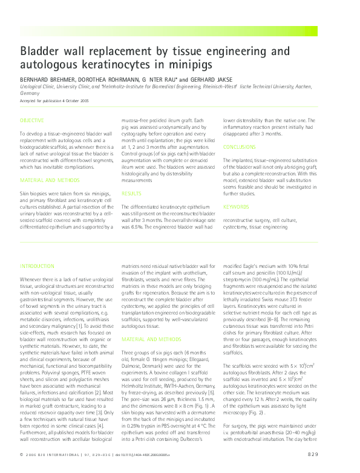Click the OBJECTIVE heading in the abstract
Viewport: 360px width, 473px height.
(31, 120)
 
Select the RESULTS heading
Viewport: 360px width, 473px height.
(132, 194)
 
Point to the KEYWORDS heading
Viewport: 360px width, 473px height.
(236, 207)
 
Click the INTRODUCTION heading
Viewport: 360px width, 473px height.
(37, 266)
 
